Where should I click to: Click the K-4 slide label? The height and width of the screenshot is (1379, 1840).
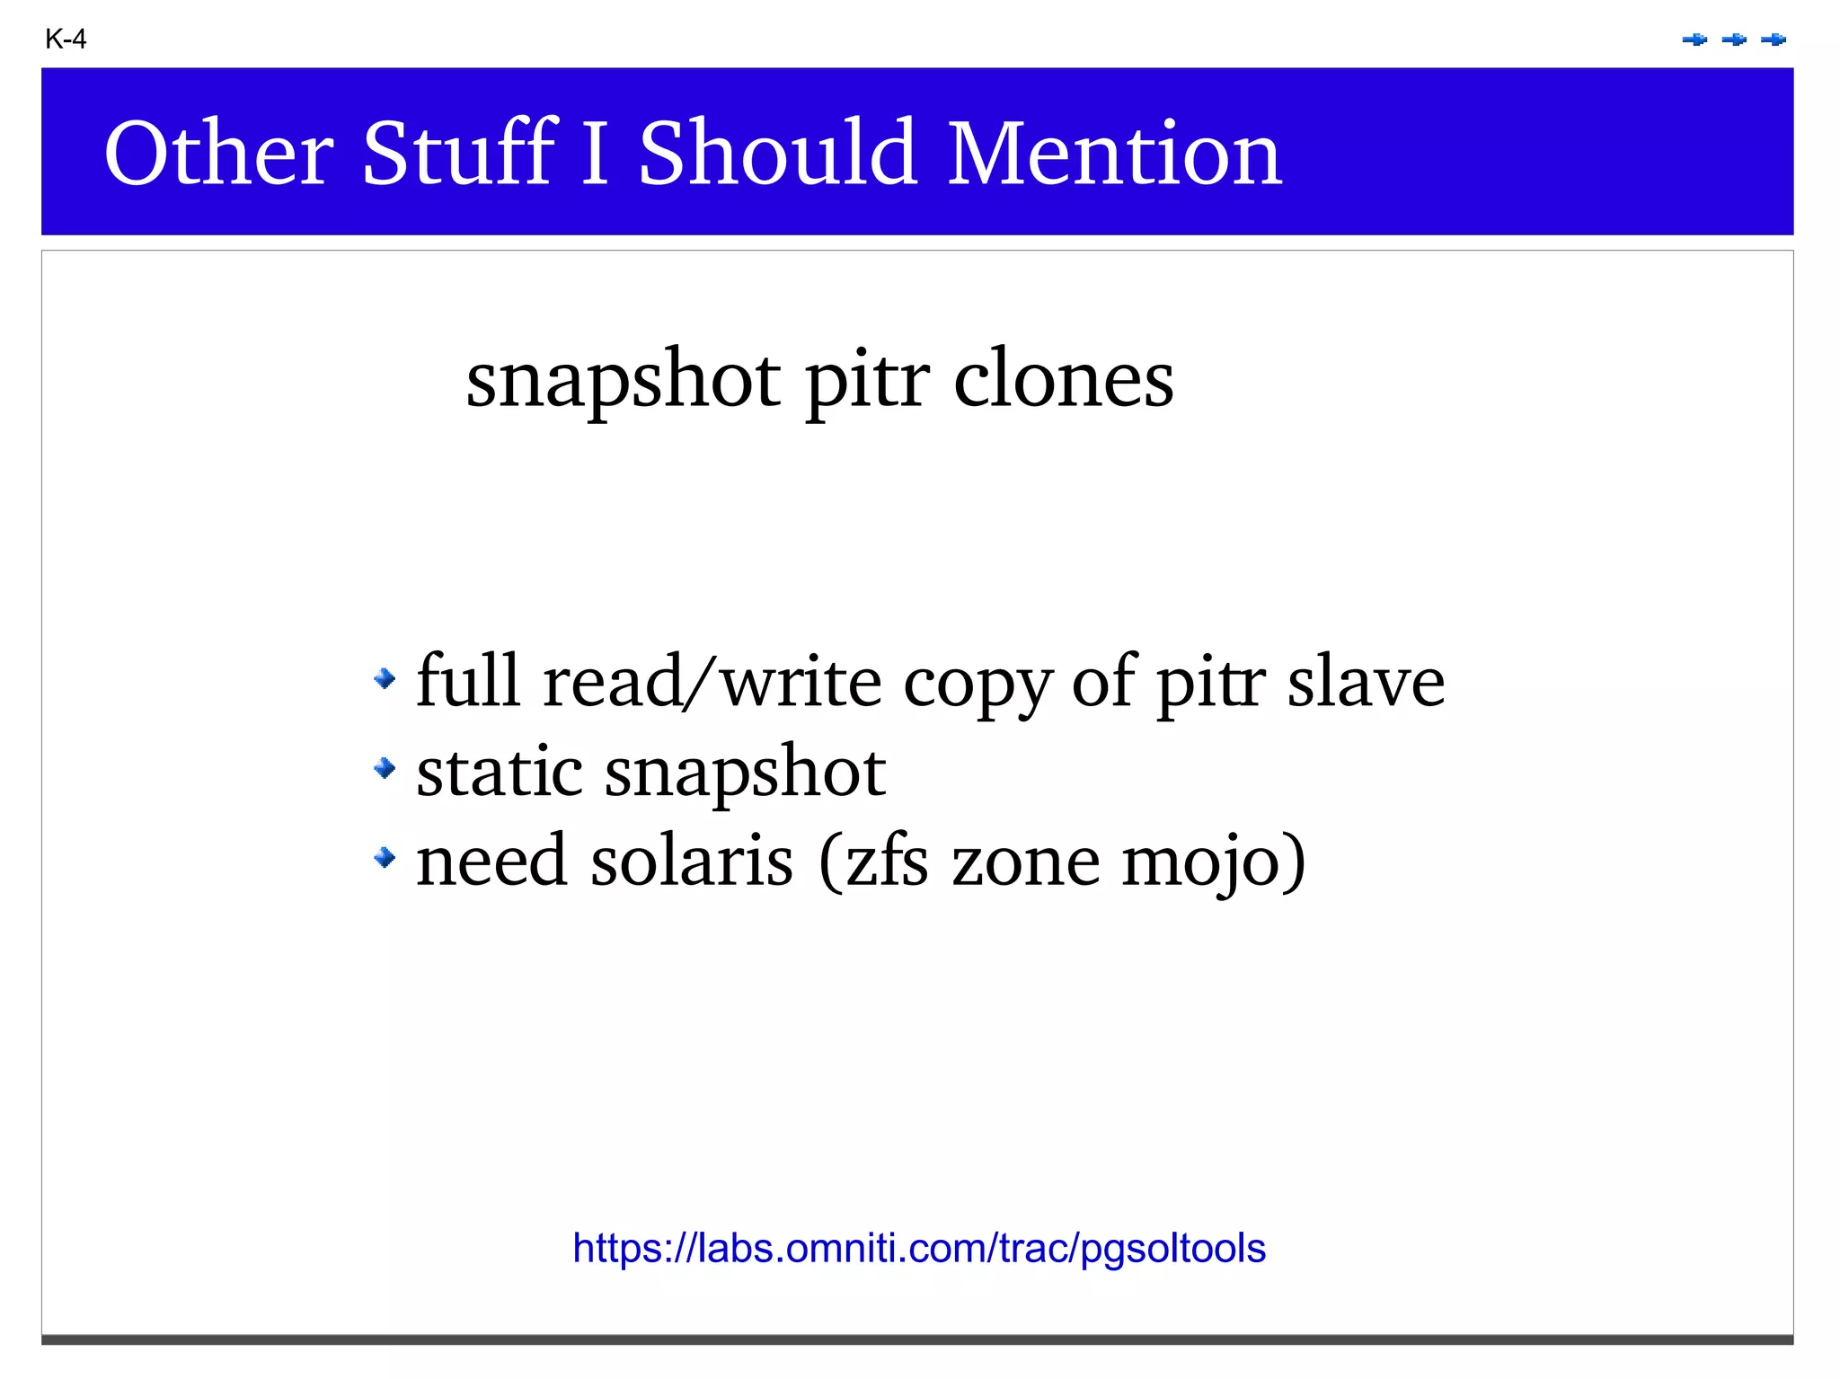[66, 40]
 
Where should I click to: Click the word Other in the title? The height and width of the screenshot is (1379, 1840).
[219, 154]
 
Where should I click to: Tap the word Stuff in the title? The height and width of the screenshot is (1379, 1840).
[459, 154]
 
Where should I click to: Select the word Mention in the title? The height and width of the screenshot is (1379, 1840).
[1114, 154]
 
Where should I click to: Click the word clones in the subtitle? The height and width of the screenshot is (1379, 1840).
[1063, 379]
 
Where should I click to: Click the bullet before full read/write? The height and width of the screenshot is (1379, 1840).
[385, 678]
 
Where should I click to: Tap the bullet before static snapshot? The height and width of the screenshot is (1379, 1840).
[385, 768]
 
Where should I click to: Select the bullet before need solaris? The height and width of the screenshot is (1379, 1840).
[385, 858]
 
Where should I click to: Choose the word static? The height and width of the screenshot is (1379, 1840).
[500, 772]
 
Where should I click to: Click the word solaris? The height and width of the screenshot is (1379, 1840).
[692, 862]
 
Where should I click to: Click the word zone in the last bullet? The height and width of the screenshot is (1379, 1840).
[1025, 862]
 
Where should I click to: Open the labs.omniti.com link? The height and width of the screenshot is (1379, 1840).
[919, 1249]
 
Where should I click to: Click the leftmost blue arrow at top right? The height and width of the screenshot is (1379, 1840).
[1694, 40]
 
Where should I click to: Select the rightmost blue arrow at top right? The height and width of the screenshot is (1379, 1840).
[1774, 40]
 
